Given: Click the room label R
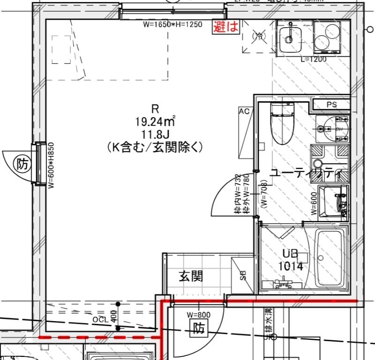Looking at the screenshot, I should point(155,109).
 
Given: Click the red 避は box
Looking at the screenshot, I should point(226,27).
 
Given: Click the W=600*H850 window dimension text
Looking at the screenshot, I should point(51,165).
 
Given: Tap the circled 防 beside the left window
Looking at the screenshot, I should point(22,164).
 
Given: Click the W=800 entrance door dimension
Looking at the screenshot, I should point(198,315).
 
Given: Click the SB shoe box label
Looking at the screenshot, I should point(243,275).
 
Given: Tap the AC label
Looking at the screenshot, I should point(244,112).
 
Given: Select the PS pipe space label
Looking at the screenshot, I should point(331,105).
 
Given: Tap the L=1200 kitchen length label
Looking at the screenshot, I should point(313,60).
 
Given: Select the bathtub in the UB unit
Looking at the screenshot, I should point(330,259).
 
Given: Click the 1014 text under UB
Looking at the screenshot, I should point(291,266).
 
